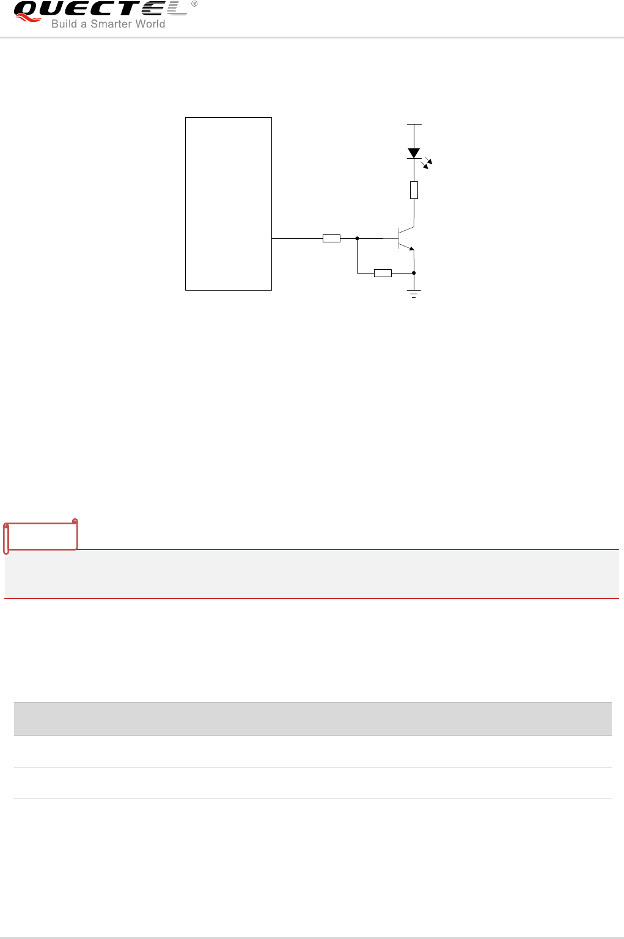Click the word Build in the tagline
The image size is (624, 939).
(64, 24)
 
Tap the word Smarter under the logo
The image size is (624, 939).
(111, 24)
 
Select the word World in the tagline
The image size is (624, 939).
(150, 24)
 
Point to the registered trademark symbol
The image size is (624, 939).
(194, 4)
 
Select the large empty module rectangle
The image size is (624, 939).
(229, 203)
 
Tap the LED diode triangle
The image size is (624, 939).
(414, 153)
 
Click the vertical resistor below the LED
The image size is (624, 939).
(414, 190)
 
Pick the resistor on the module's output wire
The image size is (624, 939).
(331, 238)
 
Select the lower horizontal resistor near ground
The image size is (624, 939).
(383, 273)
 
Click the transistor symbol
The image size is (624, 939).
(403, 237)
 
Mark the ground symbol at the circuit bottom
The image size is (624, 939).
(414, 294)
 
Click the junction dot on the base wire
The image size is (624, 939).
(357, 238)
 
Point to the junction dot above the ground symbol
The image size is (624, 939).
(414, 273)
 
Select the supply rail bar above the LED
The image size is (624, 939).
(414, 125)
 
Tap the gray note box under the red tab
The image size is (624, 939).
(312, 574)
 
